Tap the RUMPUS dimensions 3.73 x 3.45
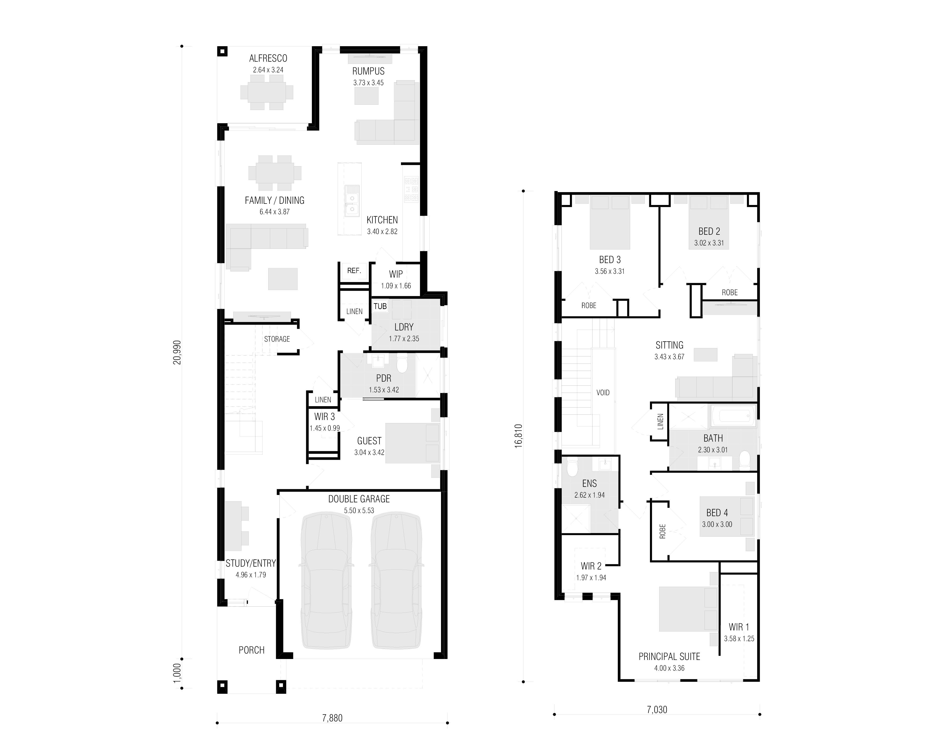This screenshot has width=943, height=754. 368,83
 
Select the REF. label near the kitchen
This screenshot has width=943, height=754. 354,270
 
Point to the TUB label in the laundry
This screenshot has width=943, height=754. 380,306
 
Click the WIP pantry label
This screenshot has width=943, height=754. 396,274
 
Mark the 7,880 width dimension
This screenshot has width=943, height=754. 332,718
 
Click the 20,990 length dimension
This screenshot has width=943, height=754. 177,352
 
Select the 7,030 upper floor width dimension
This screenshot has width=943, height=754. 657,709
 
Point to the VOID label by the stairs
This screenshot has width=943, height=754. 603,393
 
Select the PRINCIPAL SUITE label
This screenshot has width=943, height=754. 669,657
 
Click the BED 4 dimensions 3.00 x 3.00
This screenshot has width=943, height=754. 717,524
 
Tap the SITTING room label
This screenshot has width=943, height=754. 669,345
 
